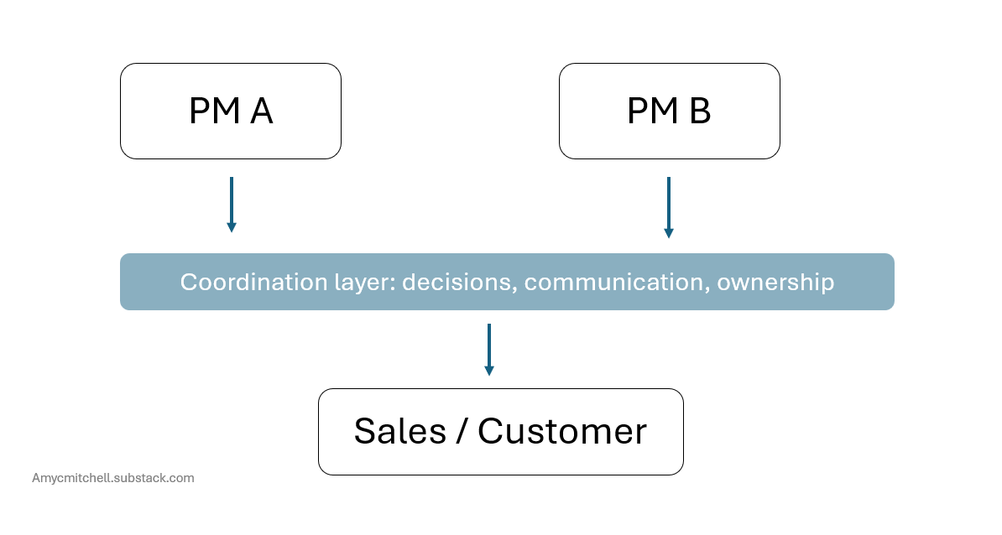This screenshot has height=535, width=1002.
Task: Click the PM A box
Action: (231, 111)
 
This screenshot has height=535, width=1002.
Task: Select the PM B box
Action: (669, 111)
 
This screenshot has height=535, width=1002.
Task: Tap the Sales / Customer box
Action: (501, 432)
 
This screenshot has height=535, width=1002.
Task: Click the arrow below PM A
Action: (232, 205)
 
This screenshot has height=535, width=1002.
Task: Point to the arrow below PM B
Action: (669, 207)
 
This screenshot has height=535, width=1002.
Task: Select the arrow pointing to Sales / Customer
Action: (489, 350)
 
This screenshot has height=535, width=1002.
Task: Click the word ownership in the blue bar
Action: (775, 283)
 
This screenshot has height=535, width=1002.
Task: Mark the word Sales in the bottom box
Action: (400, 431)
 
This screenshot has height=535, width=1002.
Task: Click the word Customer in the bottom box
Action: (562, 431)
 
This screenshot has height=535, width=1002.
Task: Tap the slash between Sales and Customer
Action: (462, 431)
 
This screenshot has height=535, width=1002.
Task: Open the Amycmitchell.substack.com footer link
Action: (113, 478)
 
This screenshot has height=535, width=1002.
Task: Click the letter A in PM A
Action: (261, 111)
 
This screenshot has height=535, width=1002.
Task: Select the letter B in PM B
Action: (700, 111)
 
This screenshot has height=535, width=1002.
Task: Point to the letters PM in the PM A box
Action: (215, 111)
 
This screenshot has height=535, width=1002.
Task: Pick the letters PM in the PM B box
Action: (653, 111)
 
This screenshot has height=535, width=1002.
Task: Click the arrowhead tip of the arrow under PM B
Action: (669, 238)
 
